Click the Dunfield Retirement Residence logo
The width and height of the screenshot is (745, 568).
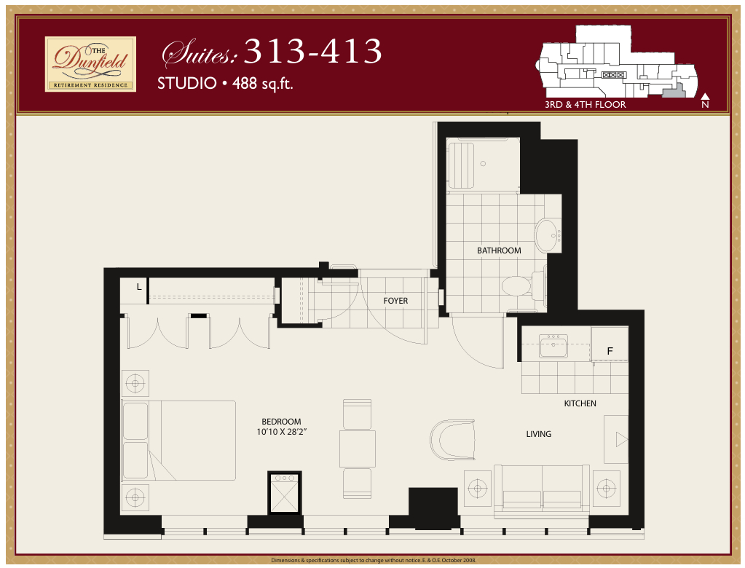click(x=90, y=64)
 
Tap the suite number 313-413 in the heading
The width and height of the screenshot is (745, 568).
click(x=313, y=51)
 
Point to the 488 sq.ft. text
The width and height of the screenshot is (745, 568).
click(x=263, y=84)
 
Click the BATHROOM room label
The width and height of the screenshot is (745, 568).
click(x=499, y=251)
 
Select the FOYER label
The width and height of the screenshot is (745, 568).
click(x=395, y=301)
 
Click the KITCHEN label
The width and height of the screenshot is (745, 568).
click(x=580, y=403)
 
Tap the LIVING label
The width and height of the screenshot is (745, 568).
click(x=539, y=433)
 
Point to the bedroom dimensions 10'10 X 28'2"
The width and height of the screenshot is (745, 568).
click(x=281, y=432)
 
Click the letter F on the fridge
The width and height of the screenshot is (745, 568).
click(x=610, y=351)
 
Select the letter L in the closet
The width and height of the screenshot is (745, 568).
click(x=139, y=286)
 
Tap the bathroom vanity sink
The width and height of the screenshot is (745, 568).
click(x=549, y=235)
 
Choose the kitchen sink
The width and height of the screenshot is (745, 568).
click(x=553, y=346)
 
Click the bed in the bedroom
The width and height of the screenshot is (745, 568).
click(x=179, y=441)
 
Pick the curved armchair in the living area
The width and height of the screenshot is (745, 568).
click(x=453, y=439)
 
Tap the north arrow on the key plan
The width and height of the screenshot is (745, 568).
click(x=705, y=97)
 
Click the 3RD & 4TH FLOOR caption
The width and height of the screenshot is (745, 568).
click(x=586, y=104)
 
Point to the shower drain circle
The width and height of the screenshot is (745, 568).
click(x=484, y=163)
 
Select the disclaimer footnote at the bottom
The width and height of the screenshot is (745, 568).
click(x=374, y=561)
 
